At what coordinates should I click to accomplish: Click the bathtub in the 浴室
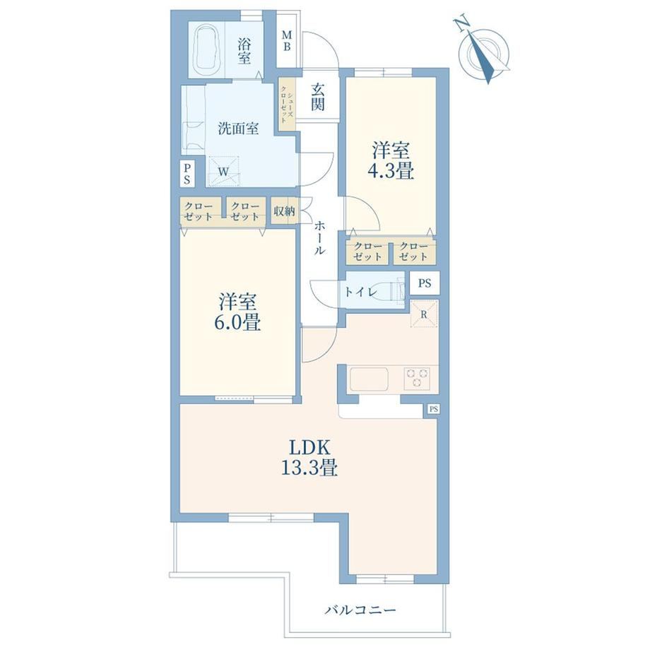click(207, 49)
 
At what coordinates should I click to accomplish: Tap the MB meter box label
click(286, 41)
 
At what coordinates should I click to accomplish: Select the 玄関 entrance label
click(318, 97)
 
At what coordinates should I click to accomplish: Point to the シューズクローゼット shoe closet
click(287, 105)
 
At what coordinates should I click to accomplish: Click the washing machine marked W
click(224, 171)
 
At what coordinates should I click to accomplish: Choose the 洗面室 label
click(238, 129)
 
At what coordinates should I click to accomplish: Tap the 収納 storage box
click(284, 211)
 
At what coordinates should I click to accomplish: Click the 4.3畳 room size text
click(391, 171)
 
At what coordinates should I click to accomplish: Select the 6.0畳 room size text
click(237, 322)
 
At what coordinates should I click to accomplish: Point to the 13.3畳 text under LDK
click(309, 468)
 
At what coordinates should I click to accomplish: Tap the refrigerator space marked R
click(424, 314)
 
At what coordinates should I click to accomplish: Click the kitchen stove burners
click(418, 378)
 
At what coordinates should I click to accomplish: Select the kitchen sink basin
click(370, 379)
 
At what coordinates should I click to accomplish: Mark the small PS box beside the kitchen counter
click(434, 409)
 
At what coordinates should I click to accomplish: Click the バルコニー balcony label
click(360, 610)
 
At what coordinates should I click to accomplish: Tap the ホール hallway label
click(319, 238)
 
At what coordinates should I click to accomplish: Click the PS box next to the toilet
click(425, 283)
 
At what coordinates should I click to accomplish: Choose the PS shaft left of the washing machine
click(187, 174)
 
